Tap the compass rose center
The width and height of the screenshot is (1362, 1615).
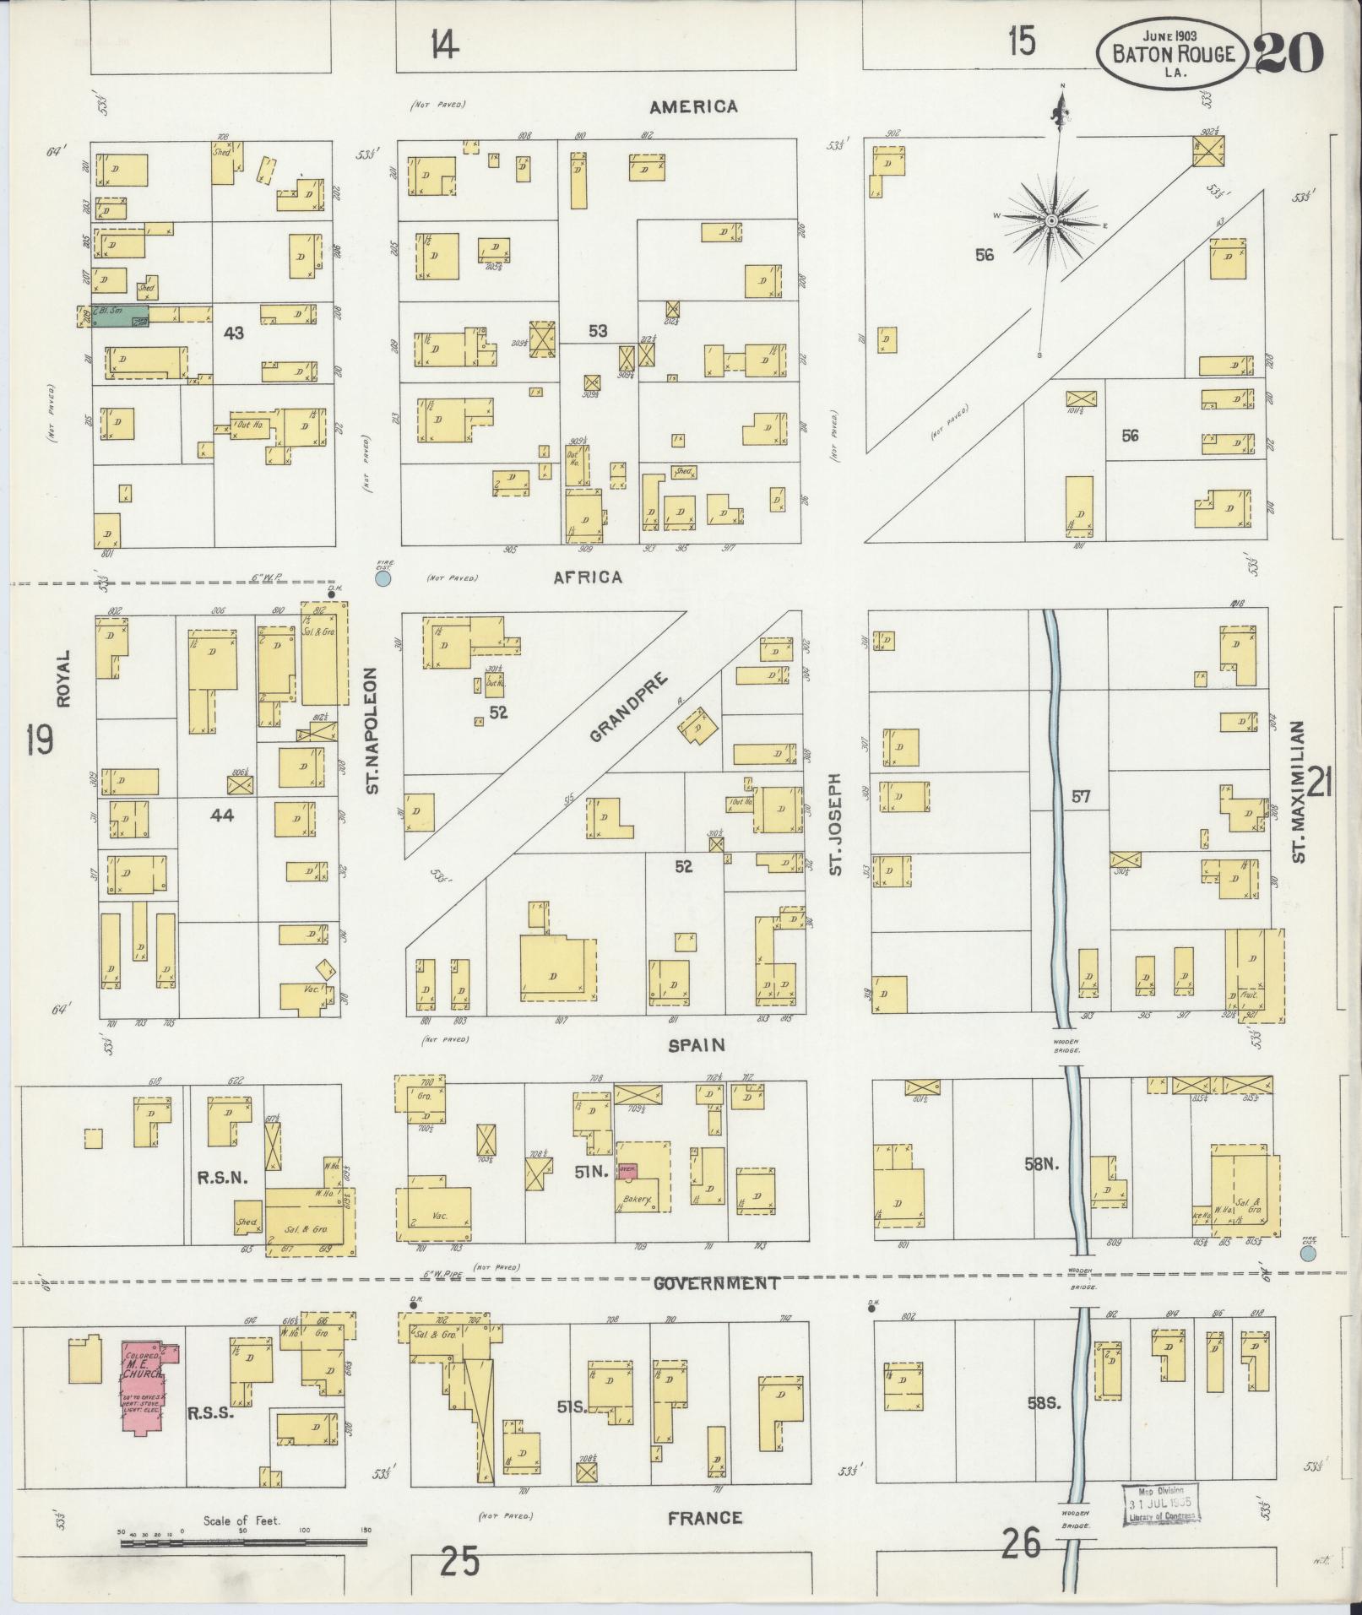point(1052,221)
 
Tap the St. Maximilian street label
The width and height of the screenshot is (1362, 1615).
point(1300,791)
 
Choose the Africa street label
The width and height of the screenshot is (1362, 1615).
point(588,577)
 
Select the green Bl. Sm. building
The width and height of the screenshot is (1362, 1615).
point(121,317)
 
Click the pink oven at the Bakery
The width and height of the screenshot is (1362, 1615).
point(627,1171)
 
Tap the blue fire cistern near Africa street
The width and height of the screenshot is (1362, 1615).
point(383,579)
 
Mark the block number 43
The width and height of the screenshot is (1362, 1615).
point(233,333)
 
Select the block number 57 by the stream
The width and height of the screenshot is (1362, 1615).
point(1082,795)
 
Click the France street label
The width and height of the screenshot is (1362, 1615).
point(705,1518)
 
